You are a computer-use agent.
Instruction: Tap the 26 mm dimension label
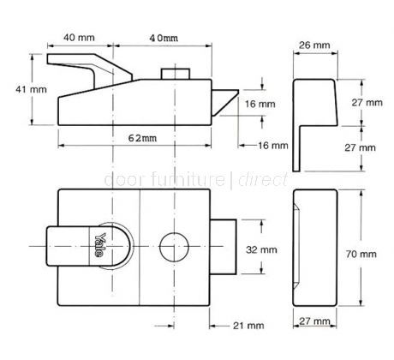(x=312, y=45)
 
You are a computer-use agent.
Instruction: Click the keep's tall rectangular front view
(x=314, y=249)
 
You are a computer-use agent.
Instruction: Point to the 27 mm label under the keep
(x=314, y=321)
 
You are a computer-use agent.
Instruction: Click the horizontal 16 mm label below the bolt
(x=272, y=146)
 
